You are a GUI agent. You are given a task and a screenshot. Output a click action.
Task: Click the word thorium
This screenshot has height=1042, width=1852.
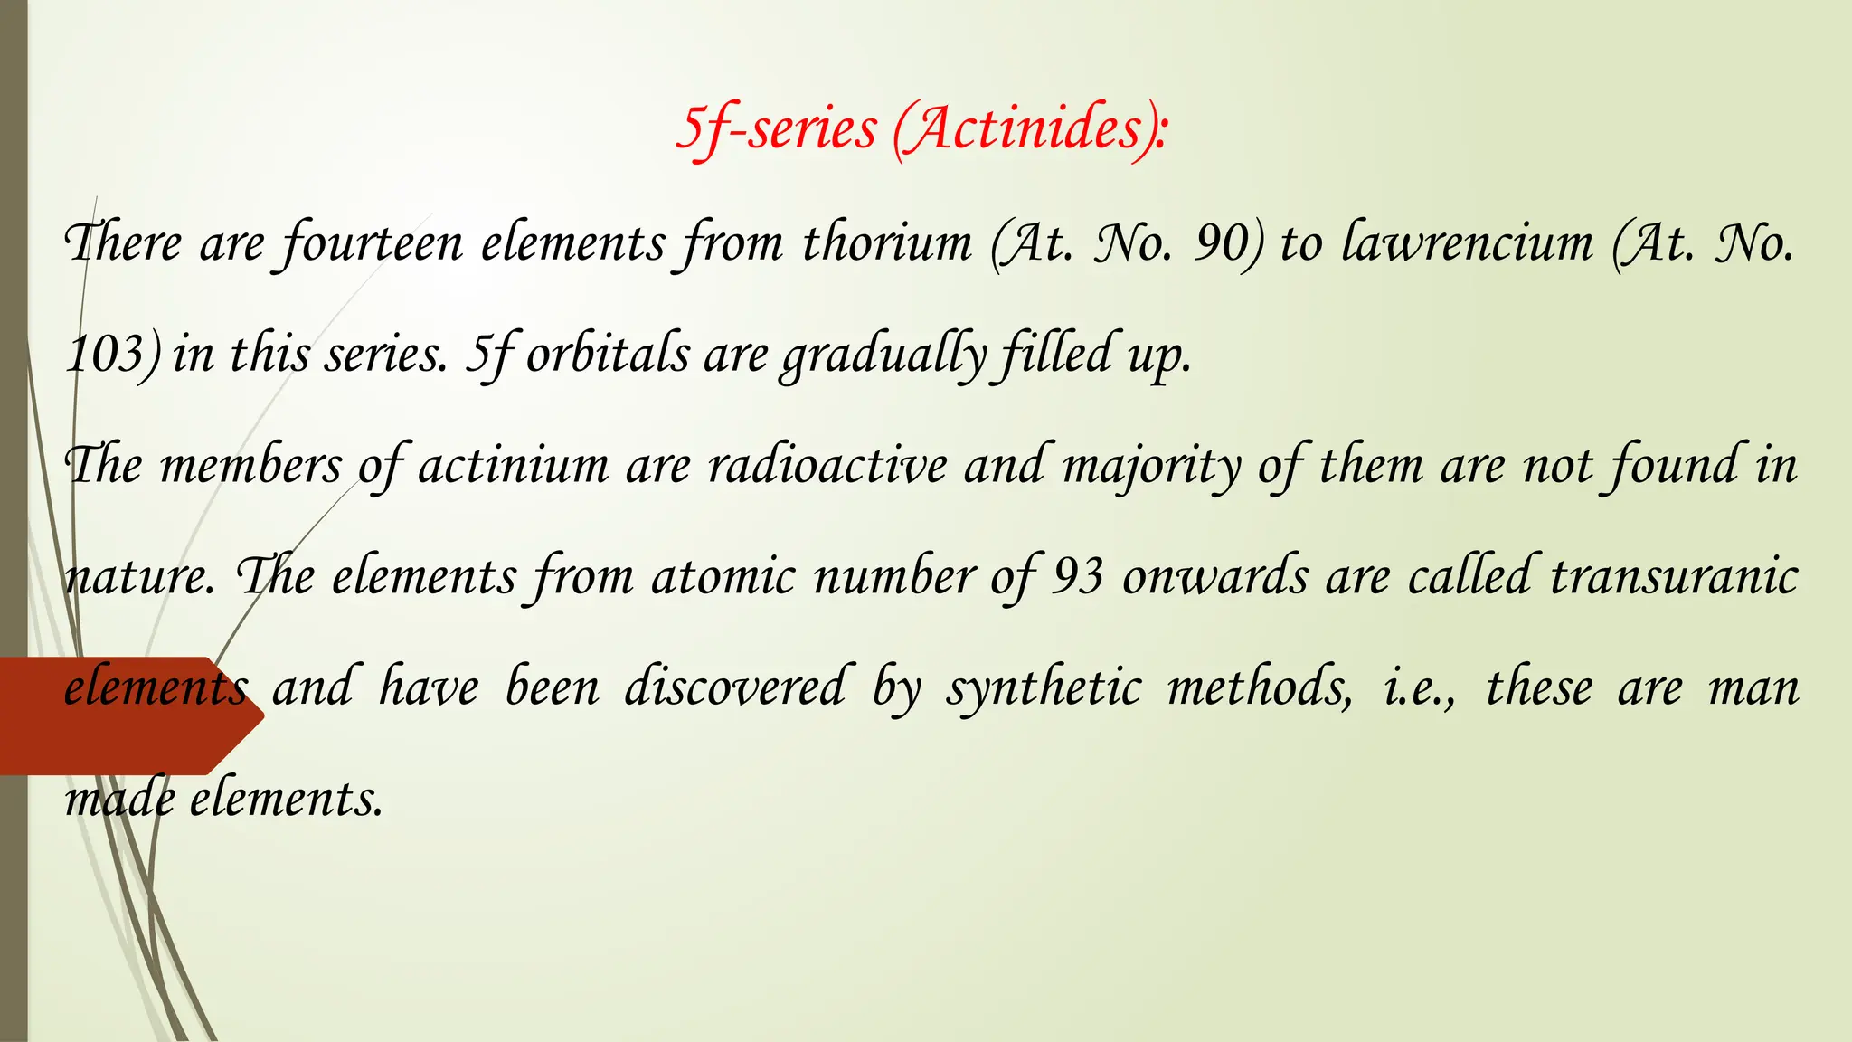887,243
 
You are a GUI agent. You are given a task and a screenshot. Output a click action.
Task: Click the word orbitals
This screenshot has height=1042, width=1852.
608,355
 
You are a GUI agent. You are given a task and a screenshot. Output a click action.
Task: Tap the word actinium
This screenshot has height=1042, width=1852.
513,466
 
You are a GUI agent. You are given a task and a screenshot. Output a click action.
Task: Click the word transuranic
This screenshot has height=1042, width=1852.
1674,577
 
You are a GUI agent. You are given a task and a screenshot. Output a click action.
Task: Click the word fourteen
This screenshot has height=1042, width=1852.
372,244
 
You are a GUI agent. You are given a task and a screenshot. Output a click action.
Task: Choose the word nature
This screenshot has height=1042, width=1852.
138,577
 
